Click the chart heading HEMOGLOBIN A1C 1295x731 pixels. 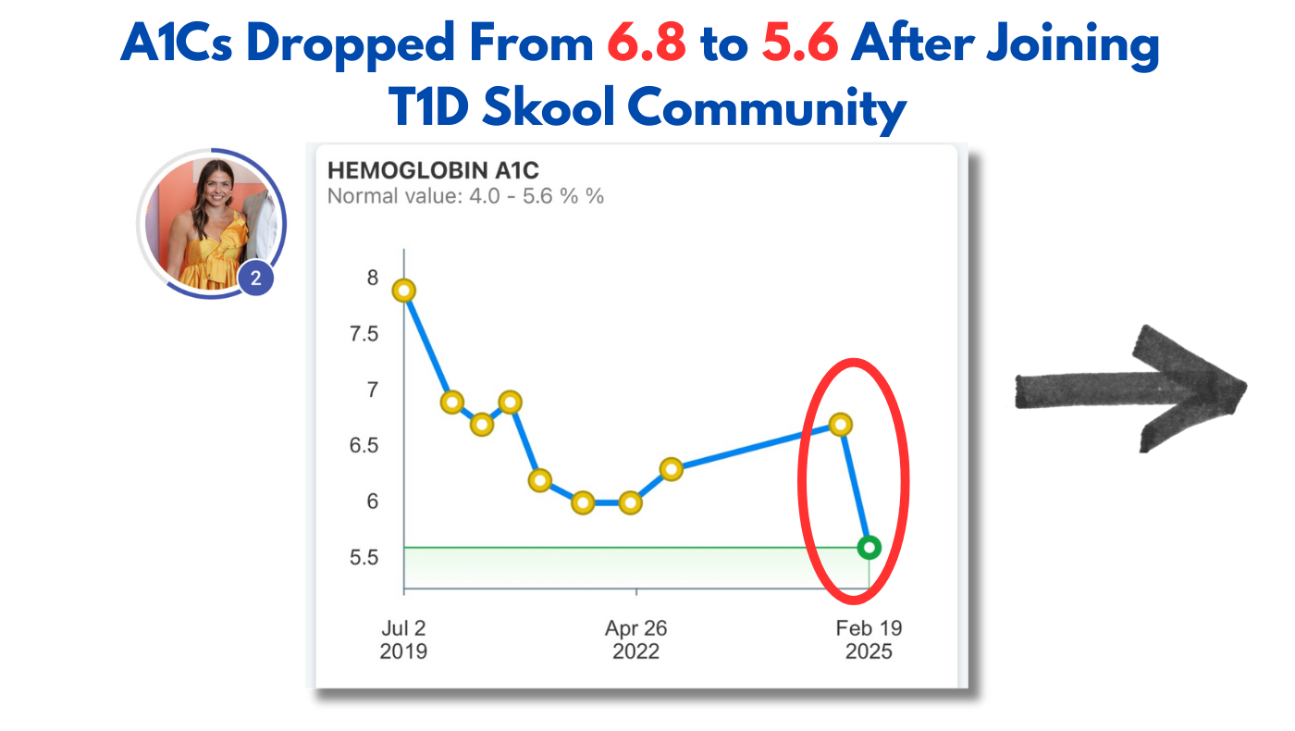(x=433, y=170)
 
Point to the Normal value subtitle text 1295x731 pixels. (x=465, y=196)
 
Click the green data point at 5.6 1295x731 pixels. (x=869, y=547)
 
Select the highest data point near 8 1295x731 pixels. (x=403, y=291)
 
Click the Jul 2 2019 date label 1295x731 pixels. (x=403, y=639)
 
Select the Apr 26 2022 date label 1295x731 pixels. (x=636, y=639)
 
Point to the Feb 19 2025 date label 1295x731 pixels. (x=869, y=639)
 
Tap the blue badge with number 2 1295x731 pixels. (x=256, y=278)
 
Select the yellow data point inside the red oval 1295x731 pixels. (x=840, y=425)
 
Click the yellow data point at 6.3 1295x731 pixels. (x=672, y=469)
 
